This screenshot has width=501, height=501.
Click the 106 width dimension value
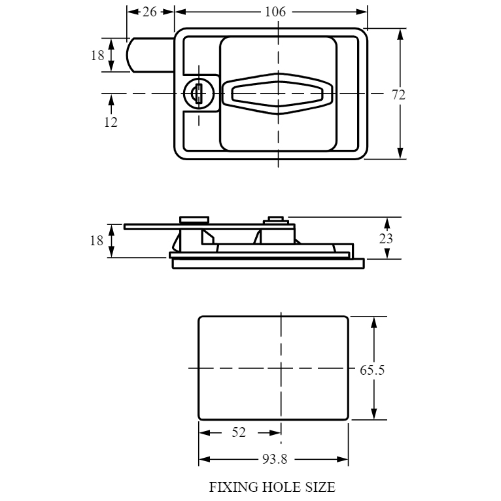click(x=275, y=12)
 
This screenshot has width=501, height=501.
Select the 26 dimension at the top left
click(x=150, y=12)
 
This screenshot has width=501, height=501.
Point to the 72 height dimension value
click(x=398, y=95)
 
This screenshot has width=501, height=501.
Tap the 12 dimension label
click(x=111, y=122)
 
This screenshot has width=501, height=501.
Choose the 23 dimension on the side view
click(x=386, y=238)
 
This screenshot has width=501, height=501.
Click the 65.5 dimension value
click(x=372, y=370)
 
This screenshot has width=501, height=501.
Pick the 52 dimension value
click(x=239, y=432)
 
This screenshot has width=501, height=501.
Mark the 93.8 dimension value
click(x=275, y=459)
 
